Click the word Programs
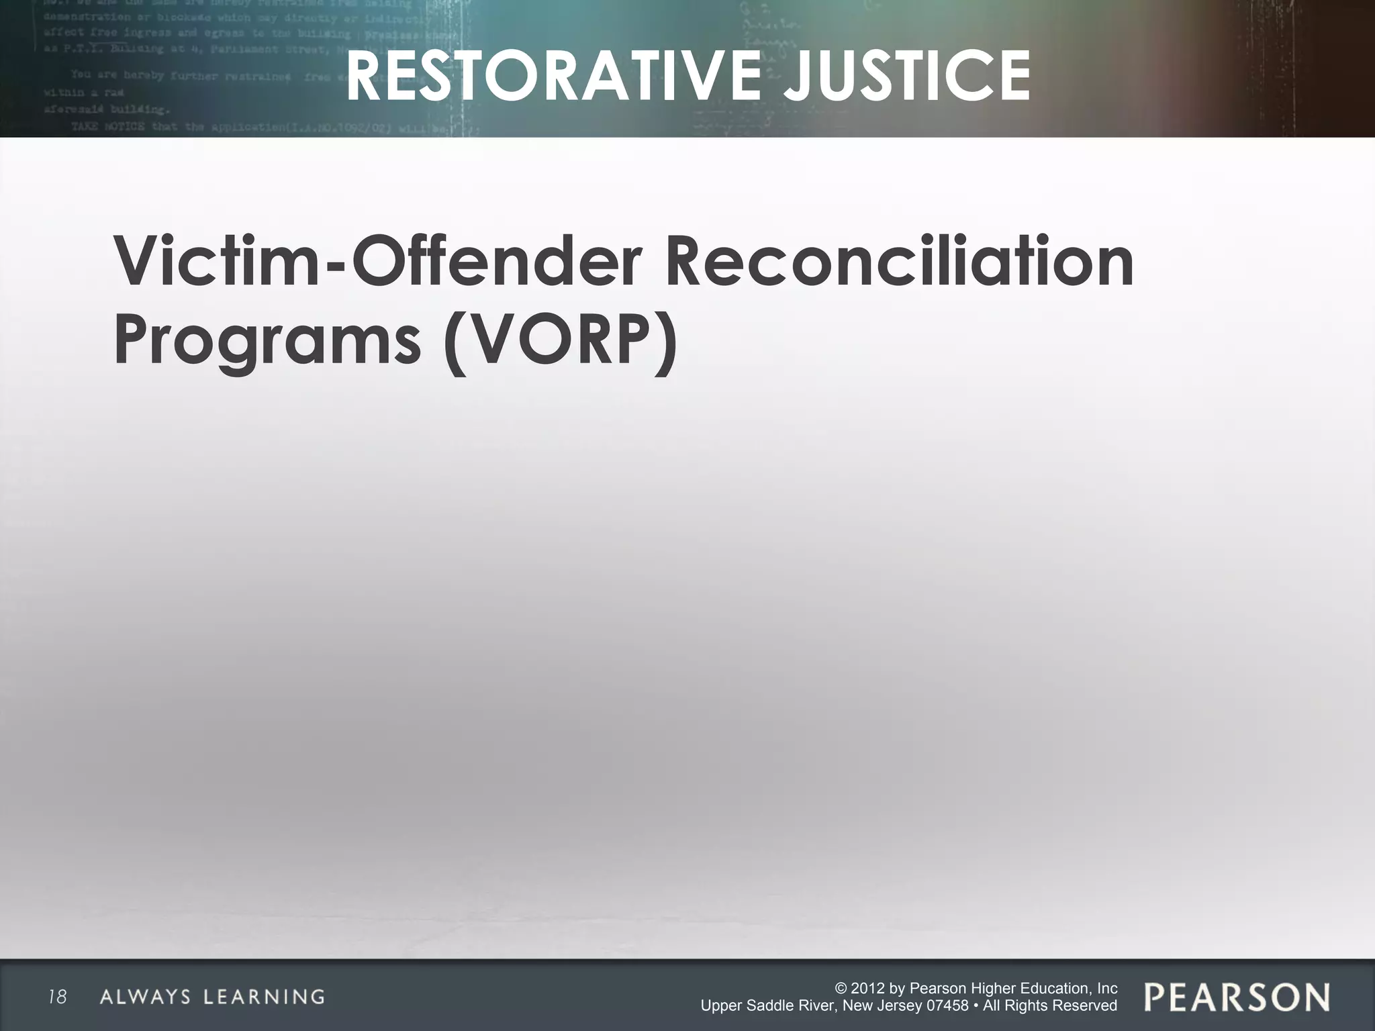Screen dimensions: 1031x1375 click(x=267, y=340)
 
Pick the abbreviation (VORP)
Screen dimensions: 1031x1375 click(x=559, y=340)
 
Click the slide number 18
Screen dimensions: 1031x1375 click(x=58, y=997)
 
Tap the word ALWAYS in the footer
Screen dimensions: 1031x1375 click(x=145, y=997)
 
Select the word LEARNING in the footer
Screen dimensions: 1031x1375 click(x=265, y=997)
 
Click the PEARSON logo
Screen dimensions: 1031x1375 click(x=1237, y=997)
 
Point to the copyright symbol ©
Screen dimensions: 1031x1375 click(x=840, y=989)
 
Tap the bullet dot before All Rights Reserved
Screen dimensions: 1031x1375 click(x=975, y=1006)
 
